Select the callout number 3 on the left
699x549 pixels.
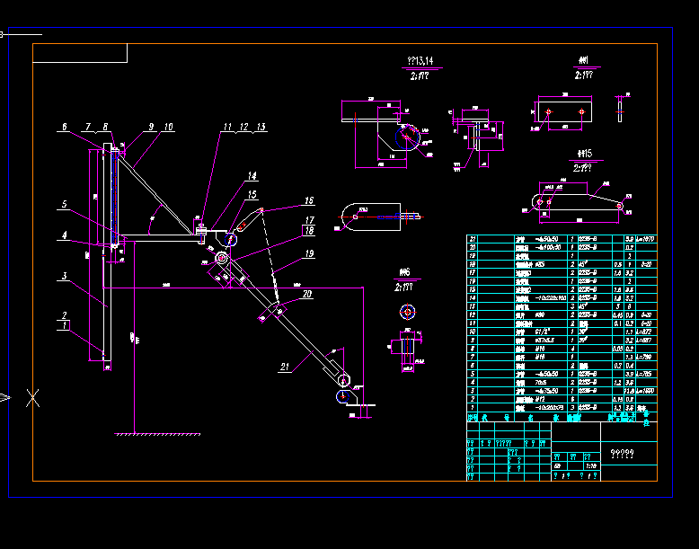64,277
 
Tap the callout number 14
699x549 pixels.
252,177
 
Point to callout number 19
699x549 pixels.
308,254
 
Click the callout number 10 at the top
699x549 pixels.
168,128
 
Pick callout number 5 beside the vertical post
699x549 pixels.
64,205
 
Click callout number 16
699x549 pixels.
308,201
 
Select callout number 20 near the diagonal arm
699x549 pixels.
307,294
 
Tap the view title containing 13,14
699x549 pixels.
420,61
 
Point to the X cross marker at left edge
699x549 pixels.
33,397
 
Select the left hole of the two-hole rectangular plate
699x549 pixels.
547,112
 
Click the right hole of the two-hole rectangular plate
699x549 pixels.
582,112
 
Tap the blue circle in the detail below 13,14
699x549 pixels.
408,136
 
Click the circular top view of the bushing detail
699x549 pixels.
408,312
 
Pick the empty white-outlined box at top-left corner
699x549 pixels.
80,53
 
